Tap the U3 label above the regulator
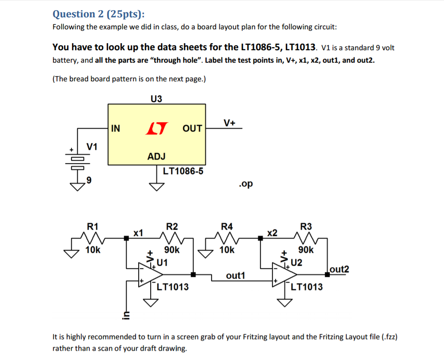click(x=156, y=99)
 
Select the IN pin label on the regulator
click(x=115, y=129)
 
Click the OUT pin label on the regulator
click(x=192, y=129)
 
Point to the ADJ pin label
click(x=156, y=156)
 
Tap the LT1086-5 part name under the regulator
click(x=183, y=171)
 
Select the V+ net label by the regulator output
click(x=229, y=122)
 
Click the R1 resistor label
click(x=92, y=226)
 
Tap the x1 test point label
click(x=139, y=232)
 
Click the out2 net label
click(x=340, y=269)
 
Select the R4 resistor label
click(x=227, y=226)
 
